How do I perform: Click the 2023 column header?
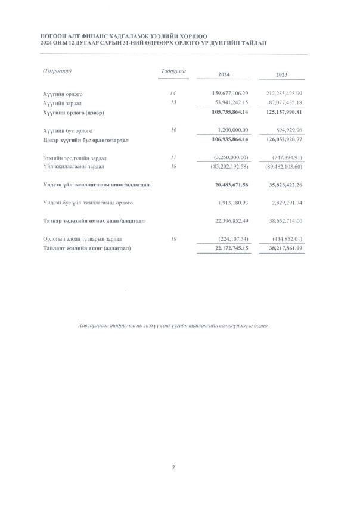point(281,74)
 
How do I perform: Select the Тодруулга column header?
point(173,71)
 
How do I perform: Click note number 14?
point(173,94)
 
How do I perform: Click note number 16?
point(173,129)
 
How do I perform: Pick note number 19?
point(173,238)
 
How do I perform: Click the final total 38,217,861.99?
point(281,247)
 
